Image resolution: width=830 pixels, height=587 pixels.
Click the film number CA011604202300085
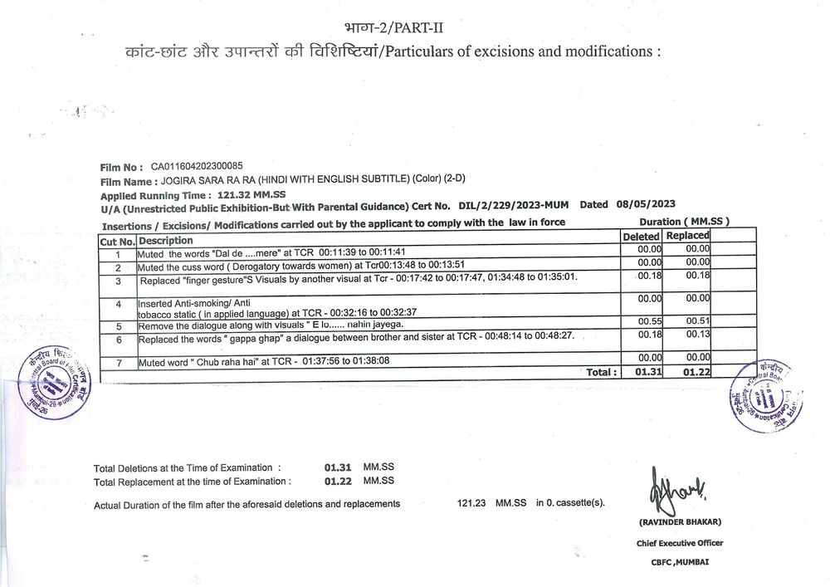[197, 167]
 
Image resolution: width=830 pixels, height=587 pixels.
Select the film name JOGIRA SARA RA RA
[207, 181]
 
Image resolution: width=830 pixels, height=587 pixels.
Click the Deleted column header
[642, 237]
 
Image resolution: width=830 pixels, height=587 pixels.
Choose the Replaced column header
[686, 237]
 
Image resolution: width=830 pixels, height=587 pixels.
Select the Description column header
[166, 240]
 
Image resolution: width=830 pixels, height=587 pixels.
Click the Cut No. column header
[117, 240]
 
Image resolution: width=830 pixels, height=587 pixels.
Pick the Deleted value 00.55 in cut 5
[649, 321]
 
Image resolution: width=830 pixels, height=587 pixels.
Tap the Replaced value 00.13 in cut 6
[698, 334]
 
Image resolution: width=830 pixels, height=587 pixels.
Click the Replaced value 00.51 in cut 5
[698, 321]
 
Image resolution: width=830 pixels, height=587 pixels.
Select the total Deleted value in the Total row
[647, 372]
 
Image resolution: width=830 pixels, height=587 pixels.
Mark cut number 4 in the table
[119, 305]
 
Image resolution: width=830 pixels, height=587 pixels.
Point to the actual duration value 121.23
[472, 503]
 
